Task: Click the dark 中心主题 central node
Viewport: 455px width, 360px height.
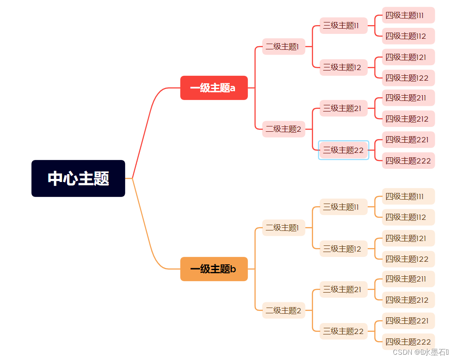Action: [x=78, y=178]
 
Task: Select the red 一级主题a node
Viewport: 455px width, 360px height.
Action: [x=214, y=88]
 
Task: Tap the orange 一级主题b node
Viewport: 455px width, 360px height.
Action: [x=214, y=269]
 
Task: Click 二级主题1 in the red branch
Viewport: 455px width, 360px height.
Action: [x=283, y=46]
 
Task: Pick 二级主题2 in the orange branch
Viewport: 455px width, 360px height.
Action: [x=283, y=310]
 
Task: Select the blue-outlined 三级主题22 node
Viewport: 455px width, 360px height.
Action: [x=343, y=150]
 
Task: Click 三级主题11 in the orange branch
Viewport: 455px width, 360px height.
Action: [x=343, y=207]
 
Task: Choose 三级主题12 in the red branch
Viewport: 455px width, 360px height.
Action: [x=343, y=67]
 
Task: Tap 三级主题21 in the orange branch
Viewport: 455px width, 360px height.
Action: [x=343, y=289]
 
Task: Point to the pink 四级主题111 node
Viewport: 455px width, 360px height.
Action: [x=408, y=15]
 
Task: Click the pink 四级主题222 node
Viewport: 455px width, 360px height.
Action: [x=408, y=161]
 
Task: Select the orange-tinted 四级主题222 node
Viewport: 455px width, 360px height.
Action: [x=408, y=342]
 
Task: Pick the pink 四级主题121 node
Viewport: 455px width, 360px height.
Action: [x=408, y=57]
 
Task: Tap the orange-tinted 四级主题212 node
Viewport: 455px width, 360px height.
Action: [x=408, y=300]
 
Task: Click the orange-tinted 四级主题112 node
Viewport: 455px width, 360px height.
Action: [x=408, y=217]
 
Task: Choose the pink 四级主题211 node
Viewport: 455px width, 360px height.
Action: [x=408, y=98]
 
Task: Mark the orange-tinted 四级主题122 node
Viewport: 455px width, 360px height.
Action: [x=408, y=259]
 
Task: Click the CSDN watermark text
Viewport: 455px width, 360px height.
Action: [x=420, y=352]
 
